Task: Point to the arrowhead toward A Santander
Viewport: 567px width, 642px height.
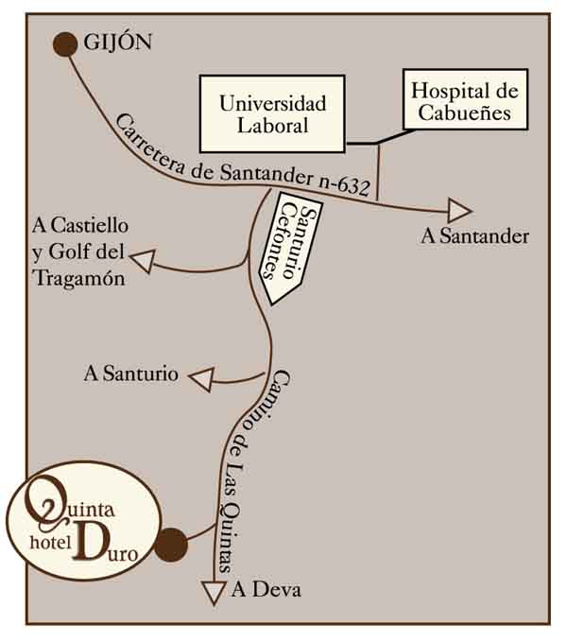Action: pos(459,211)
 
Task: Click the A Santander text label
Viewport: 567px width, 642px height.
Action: pos(474,236)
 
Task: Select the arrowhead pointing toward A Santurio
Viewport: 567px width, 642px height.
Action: pos(201,378)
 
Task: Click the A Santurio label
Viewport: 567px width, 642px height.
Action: pos(131,373)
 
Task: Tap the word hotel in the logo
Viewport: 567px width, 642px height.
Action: pos(54,546)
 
